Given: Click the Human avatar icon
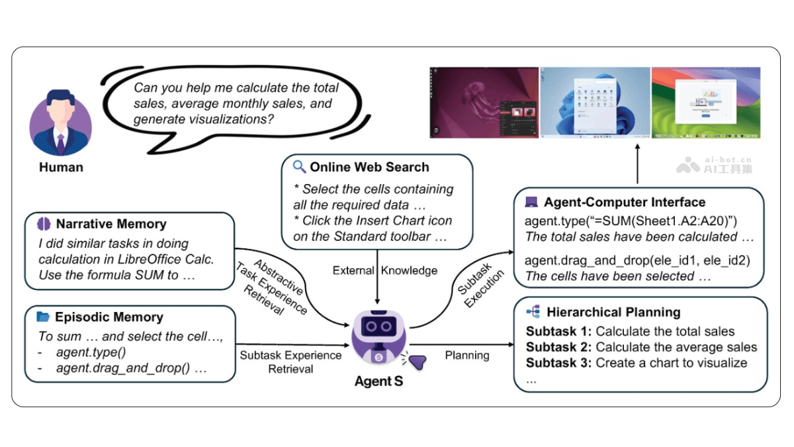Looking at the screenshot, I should [x=61, y=123].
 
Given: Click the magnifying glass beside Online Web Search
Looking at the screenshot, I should [x=300, y=167].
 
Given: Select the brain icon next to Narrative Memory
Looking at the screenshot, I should [x=44, y=224].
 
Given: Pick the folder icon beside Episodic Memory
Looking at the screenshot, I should [x=44, y=317].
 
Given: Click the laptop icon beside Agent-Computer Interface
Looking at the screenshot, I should [x=531, y=202].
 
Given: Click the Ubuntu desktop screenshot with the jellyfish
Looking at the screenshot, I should [x=484, y=102].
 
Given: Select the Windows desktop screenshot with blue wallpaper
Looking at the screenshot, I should [x=595, y=102].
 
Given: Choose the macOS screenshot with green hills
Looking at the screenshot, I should [x=706, y=102].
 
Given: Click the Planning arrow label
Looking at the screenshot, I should [x=467, y=355].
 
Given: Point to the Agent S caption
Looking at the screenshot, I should [x=378, y=381].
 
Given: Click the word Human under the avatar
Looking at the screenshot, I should [x=61, y=168].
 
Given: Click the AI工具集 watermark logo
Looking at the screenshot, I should [x=715, y=164].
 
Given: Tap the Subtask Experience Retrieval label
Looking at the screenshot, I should [x=290, y=362].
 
